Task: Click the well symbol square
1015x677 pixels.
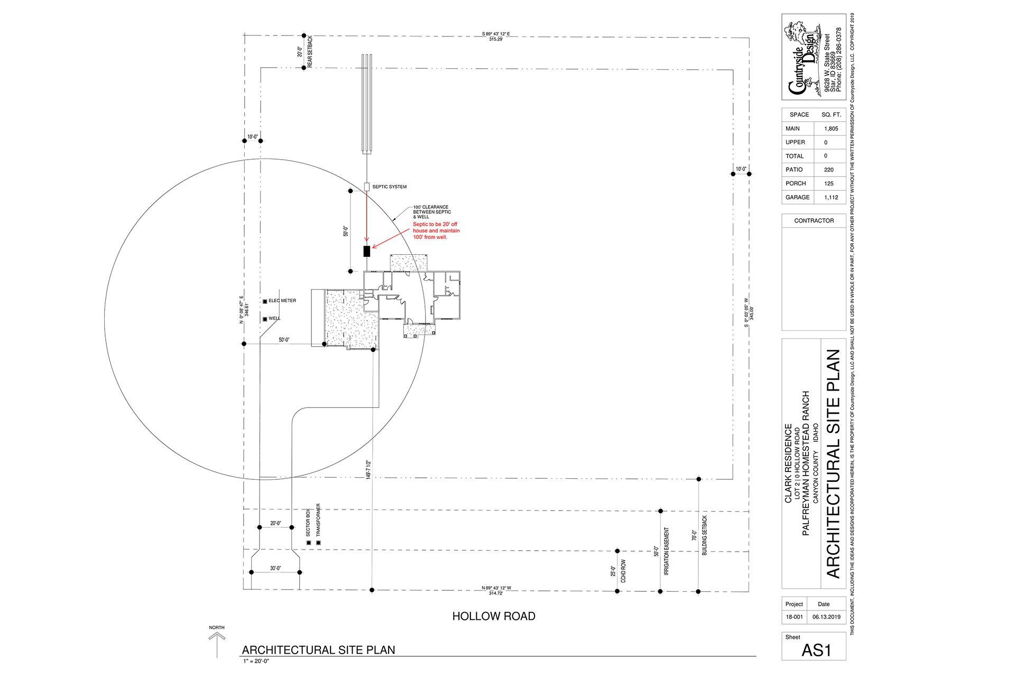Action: click(x=265, y=319)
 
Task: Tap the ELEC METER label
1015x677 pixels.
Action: click(x=282, y=301)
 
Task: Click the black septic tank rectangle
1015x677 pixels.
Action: click(x=366, y=252)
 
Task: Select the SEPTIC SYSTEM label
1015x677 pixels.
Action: click(x=390, y=187)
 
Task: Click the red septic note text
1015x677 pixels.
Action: click(x=436, y=231)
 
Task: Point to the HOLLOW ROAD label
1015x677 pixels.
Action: click(x=494, y=616)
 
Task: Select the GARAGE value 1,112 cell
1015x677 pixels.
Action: click(x=828, y=197)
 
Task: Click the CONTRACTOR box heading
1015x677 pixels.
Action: click(x=814, y=220)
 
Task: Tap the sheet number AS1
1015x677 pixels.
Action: click(x=816, y=650)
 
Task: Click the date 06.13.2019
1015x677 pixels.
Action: click(x=826, y=617)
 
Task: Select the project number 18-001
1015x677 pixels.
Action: click(x=794, y=617)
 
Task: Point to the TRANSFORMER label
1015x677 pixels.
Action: click(x=318, y=520)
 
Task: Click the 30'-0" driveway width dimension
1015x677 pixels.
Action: click(x=275, y=569)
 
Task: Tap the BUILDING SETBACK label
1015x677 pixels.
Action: click(x=705, y=535)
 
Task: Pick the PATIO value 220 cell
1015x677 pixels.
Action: click(x=828, y=170)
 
